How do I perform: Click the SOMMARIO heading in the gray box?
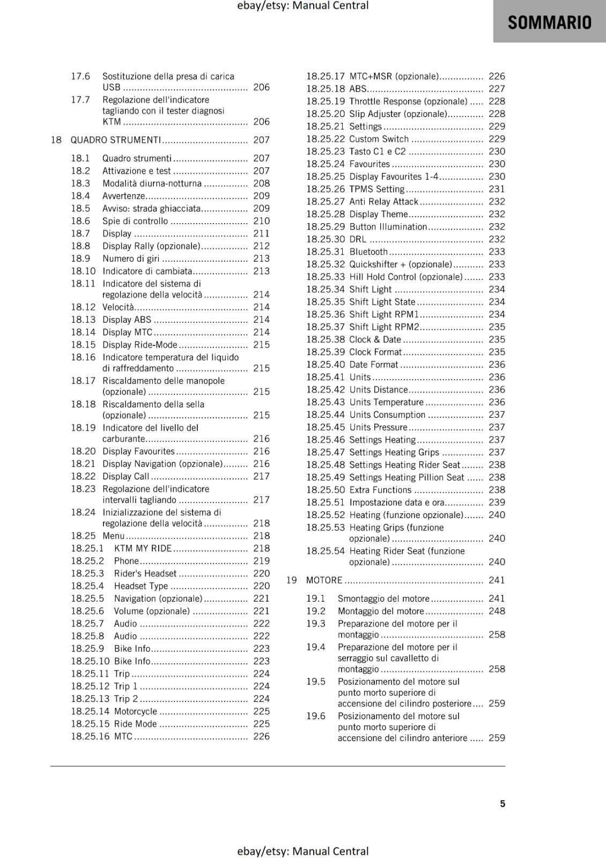click(x=549, y=22)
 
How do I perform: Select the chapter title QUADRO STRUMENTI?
click(x=115, y=140)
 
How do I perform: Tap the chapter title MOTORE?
click(x=324, y=580)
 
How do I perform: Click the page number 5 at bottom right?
click(x=502, y=804)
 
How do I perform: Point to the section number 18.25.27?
click(x=326, y=202)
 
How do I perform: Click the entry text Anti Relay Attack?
click(x=383, y=202)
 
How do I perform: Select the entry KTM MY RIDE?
click(x=143, y=549)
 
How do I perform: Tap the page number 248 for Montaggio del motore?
click(x=497, y=611)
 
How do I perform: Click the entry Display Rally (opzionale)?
click(x=151, y=246)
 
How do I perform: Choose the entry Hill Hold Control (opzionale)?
click(x=405, y=277)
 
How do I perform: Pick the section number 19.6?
click(x=316, y=716)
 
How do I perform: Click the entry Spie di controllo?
click(x=135, y=221)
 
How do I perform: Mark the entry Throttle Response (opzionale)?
click(x=408, y=101)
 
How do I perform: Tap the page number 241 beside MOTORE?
click(x=497, y=580)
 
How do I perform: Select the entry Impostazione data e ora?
click(x=397, y=502)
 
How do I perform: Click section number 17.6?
click(x=80, y=76)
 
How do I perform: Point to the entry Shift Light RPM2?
click(x=384, y=327)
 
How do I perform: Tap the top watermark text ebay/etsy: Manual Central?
click(x=302, y=6)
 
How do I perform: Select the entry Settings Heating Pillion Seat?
click(x=407, y=478)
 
